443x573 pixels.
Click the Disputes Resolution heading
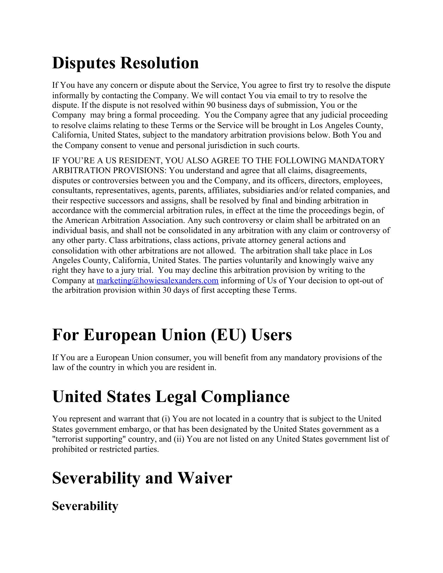pos(125,63)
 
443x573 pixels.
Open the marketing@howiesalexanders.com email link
pos(157,281)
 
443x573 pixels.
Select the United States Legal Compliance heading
pos(171,397)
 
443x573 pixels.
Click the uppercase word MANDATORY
pos(356,161)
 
